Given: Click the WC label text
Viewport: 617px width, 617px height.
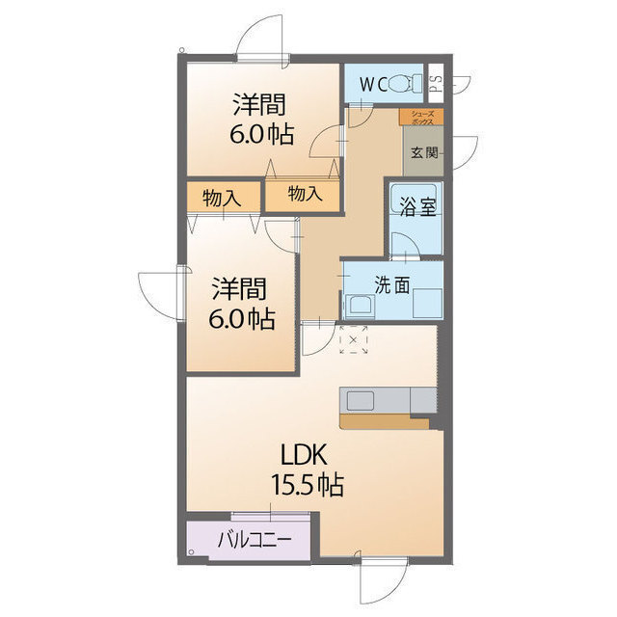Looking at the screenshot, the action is click(373, 85).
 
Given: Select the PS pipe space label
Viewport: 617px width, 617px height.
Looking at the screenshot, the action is click(436, 83).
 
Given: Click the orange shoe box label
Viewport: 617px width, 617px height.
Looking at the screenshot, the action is click(421, 118).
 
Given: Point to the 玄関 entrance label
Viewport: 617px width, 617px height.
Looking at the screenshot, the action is click(424, 152).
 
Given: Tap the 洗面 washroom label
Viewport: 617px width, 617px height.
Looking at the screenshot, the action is click(392, 284).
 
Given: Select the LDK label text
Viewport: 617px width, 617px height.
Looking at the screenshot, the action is click(304, 455).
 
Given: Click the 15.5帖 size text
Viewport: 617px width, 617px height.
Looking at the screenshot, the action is click(308, 484).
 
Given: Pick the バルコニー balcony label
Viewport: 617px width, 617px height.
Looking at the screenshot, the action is click(255, 539).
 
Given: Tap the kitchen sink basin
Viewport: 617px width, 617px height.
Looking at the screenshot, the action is click(360, 401).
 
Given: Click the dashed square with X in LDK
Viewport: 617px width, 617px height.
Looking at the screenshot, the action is click(353, 339).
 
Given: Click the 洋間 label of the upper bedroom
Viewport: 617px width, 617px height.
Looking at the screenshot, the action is click(259, 104).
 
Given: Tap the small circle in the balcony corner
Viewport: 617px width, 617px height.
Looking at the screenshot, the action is click(192, 552).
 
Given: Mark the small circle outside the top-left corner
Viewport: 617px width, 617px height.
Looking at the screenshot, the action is click(181, 50).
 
